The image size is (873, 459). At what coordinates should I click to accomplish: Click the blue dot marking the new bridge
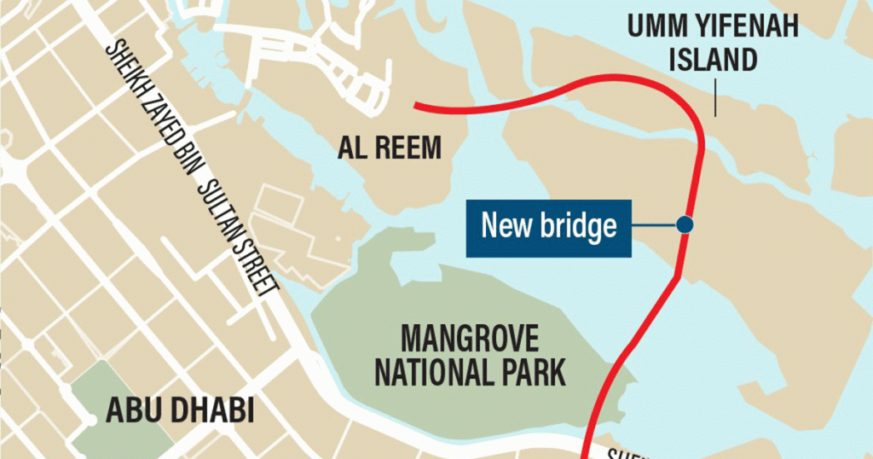tap(684, 224)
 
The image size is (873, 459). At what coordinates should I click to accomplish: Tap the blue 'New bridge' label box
tap(548, 228)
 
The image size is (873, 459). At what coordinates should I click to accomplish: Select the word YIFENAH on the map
tap(745, 28)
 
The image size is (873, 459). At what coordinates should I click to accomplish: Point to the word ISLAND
tap(714, 61)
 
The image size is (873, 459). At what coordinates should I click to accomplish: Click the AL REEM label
tap(390, 148)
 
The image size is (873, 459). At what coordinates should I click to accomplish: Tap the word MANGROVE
tap(470, 340)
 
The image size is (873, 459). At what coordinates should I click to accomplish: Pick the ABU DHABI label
tap(180, 410)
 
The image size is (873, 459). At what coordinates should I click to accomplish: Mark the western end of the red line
tap(416, 106)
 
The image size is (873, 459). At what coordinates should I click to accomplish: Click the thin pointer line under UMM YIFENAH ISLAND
tap(714, 95)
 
